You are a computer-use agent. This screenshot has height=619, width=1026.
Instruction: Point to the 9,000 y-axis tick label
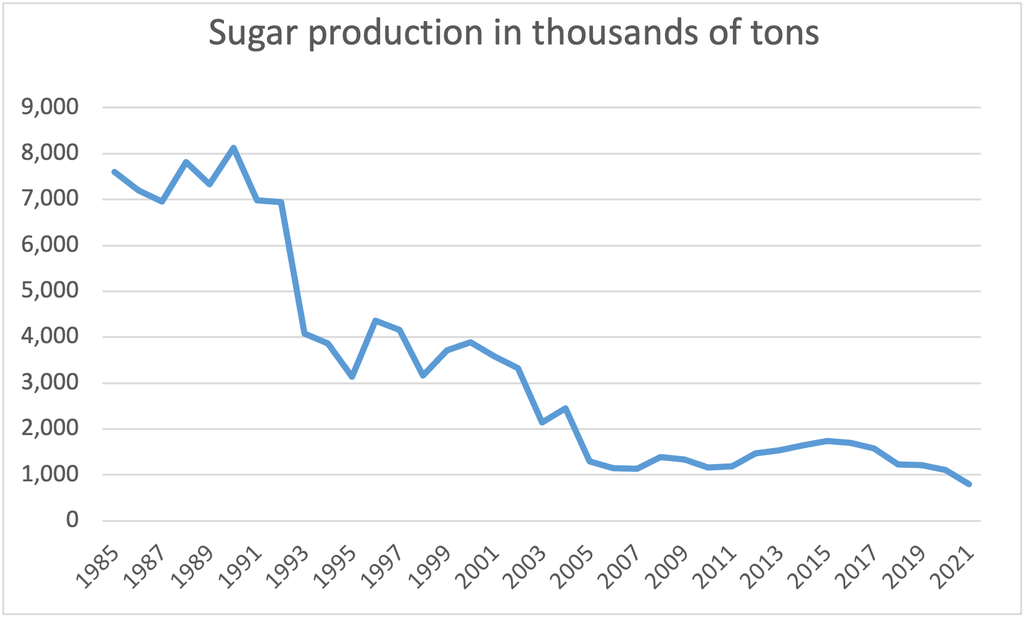(x=50, y=107)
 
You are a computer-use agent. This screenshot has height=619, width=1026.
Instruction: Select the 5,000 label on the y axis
(x=50, y=290)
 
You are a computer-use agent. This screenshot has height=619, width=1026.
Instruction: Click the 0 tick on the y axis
(x=72, y=520)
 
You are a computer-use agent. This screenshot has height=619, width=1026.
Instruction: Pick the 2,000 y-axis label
(x=50, y=428)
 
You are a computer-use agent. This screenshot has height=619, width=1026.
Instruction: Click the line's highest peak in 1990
(x=233, y=148)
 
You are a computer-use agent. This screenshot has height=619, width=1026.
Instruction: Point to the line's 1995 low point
(x=352, y=376)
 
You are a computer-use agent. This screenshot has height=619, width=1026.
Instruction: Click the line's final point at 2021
(x=969, y=484)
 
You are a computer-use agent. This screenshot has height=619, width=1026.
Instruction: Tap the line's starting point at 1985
(x=115, y=172)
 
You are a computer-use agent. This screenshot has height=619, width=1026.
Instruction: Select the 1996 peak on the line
(x=376, y=320)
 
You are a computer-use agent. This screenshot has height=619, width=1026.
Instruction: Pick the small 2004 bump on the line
(x=565, y=409)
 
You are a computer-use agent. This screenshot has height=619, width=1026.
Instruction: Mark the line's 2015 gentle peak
(x=827, y=441)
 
